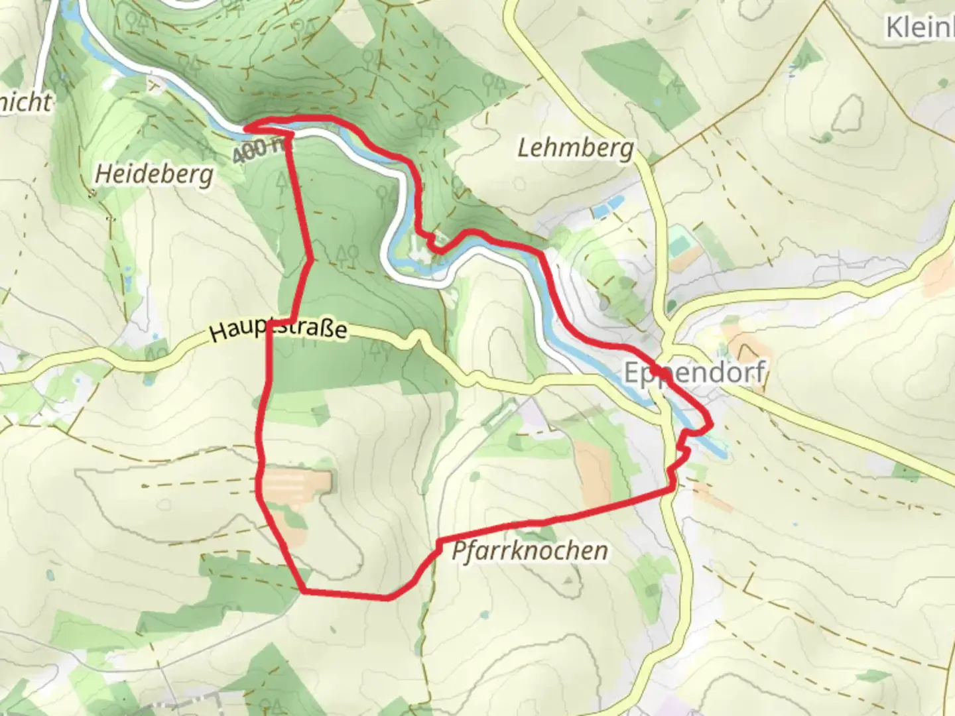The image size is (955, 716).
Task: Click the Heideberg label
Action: (154, 175)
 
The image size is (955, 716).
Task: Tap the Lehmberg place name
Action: (575, 149)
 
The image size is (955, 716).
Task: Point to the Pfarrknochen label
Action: (530, 551)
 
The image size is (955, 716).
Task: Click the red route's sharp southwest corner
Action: (303, 590)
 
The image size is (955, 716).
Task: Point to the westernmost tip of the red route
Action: (247, 126)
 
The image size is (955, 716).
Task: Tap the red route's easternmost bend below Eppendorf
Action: (710, 423)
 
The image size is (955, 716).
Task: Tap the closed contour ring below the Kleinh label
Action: (847, 113)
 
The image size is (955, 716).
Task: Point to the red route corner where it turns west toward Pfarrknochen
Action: (673, 489)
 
